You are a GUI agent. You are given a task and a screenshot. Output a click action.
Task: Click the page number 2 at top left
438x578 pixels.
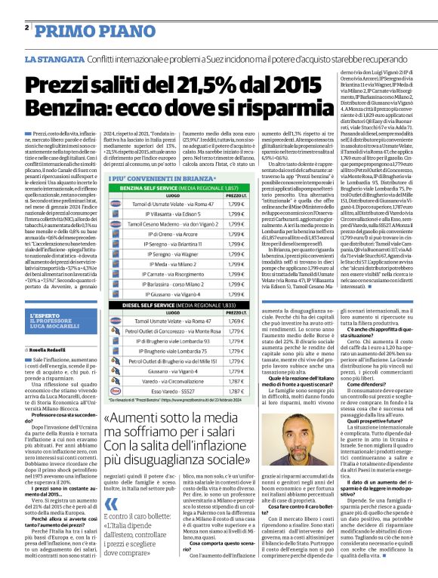(x=26, y=27)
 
